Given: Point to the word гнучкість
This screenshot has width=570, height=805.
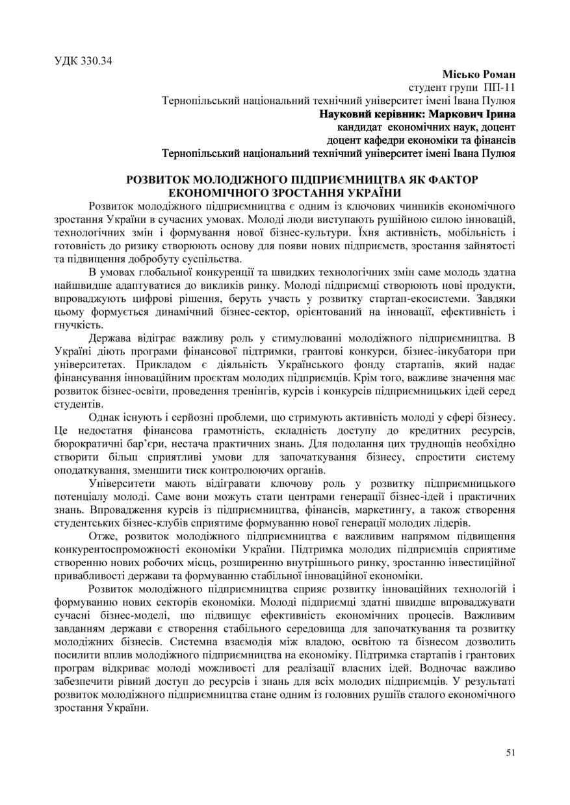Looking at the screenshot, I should click(78, 325).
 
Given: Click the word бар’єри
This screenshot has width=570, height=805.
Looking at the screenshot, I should click(149, 443).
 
